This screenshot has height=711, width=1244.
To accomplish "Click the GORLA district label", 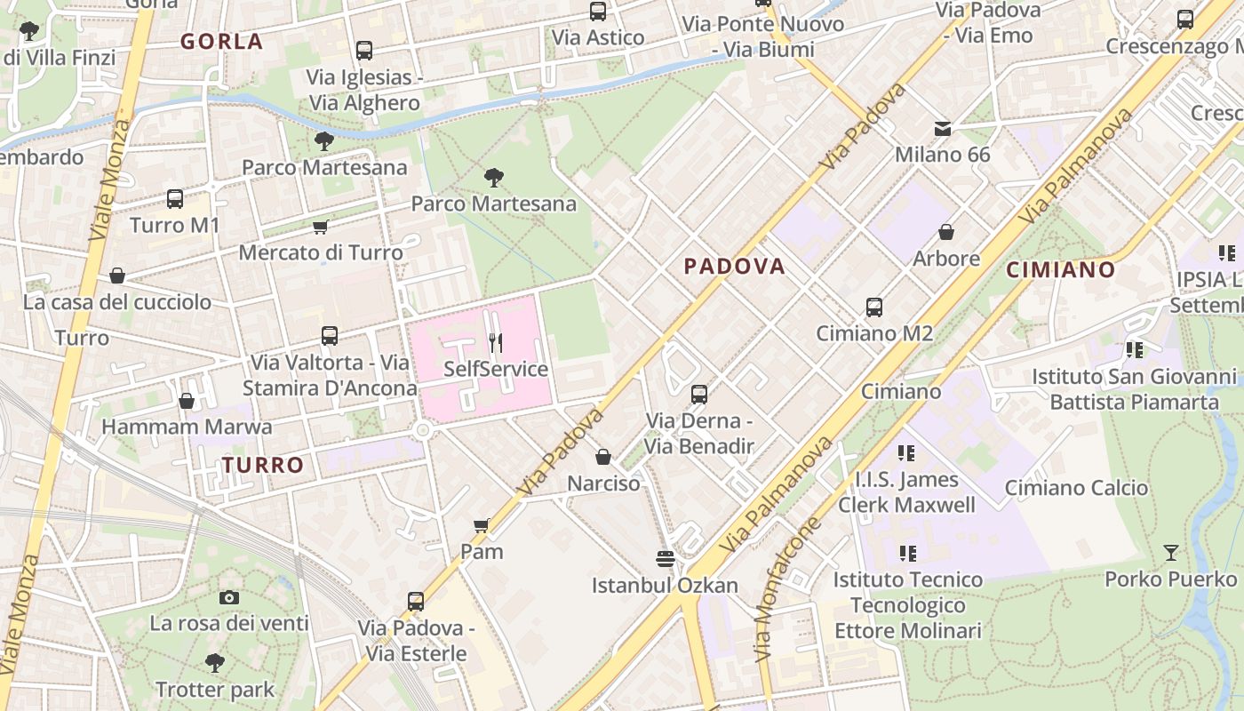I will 221,41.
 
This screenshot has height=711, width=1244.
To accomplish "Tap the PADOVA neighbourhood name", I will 734,266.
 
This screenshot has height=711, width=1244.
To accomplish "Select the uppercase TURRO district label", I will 263,465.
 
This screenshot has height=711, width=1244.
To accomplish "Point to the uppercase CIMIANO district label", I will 1060,269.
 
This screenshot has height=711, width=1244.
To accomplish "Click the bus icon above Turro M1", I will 175,199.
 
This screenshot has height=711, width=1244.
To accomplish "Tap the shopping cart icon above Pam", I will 482,525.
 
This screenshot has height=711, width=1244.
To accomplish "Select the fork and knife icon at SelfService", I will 496,342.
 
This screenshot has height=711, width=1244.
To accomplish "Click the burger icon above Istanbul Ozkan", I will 665,558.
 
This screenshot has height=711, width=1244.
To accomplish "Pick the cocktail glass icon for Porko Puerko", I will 1171,553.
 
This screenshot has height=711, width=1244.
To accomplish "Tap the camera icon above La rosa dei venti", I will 229,597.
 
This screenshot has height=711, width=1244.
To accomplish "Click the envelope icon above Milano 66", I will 942,129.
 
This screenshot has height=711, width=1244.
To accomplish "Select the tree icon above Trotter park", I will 214,662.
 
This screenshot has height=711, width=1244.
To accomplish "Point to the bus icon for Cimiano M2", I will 874,308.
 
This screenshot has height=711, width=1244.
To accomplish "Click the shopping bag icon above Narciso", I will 603,457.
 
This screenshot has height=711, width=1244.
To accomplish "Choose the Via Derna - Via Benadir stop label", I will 699,433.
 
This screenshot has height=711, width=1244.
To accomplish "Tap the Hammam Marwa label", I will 187,427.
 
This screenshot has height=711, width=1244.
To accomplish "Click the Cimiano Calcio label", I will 1076,488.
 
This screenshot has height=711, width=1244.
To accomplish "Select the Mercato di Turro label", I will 321,252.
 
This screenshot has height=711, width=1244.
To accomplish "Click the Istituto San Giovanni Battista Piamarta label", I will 1134,389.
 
